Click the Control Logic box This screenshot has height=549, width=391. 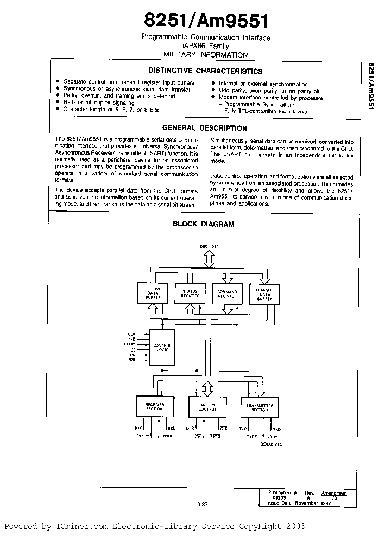point(163,347)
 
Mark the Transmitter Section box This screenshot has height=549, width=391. point(260,407)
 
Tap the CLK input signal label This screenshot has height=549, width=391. point(131,334)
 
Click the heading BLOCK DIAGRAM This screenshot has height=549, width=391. point(203,224)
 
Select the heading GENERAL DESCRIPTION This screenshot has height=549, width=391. point(205,129)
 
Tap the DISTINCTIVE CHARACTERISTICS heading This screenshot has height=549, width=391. point(205,71)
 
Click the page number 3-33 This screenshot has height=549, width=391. point(203,504)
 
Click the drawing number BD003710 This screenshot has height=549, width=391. point(271,444)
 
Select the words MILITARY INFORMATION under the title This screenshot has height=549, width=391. point(205,55)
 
